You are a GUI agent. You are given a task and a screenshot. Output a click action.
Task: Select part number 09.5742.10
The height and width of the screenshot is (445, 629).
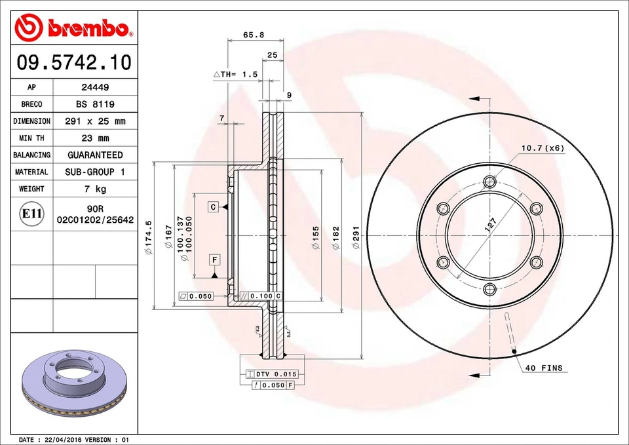(73, 64)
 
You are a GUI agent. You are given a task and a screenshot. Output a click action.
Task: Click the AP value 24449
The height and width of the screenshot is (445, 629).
(95, 87)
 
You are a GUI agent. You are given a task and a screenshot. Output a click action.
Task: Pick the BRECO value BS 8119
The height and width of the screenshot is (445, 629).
(95, 104)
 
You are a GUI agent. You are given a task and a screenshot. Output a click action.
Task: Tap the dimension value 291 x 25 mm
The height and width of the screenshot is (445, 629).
(95, 121)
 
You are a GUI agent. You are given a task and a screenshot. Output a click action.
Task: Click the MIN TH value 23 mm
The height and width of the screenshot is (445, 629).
(95, 138)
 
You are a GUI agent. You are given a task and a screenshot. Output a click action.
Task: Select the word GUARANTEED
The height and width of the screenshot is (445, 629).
(95, 155)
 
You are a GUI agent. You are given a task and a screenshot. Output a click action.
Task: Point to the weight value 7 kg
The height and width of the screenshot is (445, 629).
(95, 189)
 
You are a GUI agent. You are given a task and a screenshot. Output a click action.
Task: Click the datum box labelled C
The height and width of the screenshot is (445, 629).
(214, 207)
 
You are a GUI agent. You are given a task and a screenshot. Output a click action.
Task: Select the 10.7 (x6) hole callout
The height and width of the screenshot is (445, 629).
(543, 148)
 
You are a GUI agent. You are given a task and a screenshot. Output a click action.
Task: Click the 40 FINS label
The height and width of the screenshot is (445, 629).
(543, 368)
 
